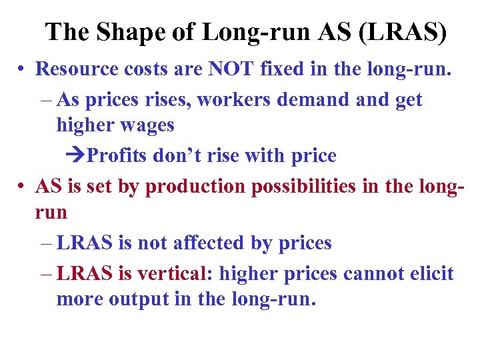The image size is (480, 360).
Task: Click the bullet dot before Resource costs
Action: [22, 69]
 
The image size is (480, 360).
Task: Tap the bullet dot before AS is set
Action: [22, 187]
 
